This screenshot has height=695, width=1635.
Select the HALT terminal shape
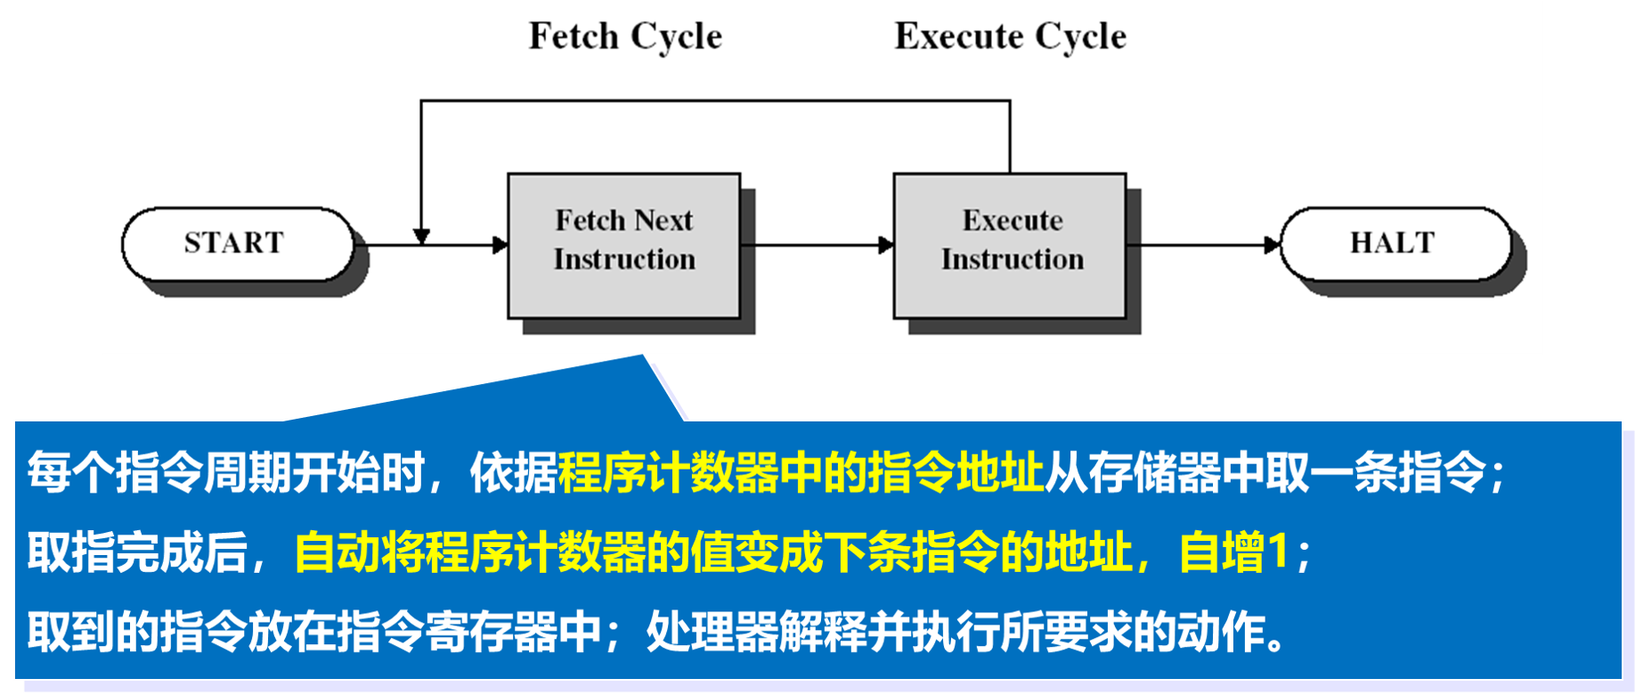(1394, 243)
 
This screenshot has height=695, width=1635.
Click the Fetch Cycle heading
(625, 37)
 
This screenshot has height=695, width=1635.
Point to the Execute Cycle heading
(1010, 37)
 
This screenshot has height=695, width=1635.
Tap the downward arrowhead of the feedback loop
(421, 236)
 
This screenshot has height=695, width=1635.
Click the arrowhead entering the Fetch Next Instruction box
(500, 245)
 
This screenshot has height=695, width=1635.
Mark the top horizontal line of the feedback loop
(712, 101)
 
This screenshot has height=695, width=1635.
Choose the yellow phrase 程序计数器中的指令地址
(801, 472)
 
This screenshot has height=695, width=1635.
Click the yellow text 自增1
(1233, 552)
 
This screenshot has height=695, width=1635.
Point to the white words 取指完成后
(137, 552)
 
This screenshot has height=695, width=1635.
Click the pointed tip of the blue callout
(643, 357)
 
